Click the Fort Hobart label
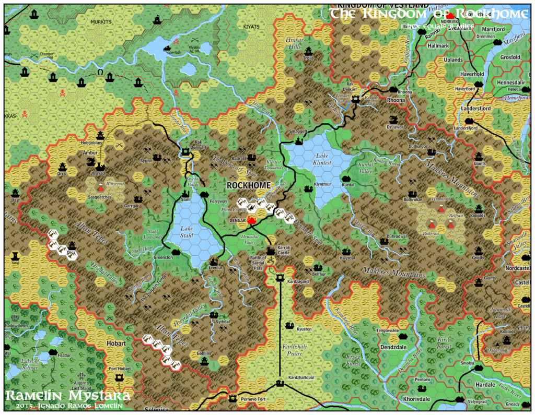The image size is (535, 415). click(x=119, y=369)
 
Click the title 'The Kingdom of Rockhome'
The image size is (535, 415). click(x=428, y=13)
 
